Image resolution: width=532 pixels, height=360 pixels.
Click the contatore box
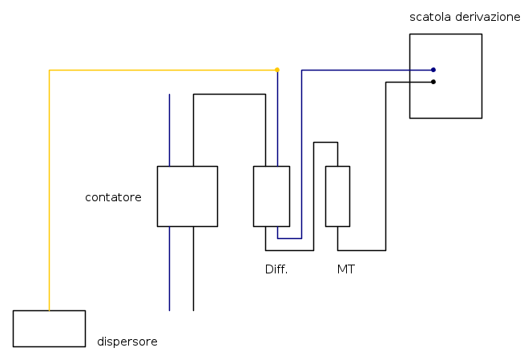click(187, 196)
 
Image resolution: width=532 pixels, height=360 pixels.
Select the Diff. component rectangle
click(271, 196)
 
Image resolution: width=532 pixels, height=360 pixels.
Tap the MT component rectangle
click(337, 196)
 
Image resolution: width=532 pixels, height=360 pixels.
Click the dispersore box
click(49, 328)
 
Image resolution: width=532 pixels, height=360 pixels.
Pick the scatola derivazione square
click(445, 75)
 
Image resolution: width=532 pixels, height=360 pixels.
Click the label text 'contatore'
click(113, 196)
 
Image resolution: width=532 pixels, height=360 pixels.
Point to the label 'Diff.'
click(276, 269)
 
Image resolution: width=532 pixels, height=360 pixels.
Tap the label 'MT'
click(345, 269)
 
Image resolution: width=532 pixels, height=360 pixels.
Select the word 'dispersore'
click(127, 342)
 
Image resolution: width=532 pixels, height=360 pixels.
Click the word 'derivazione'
click(486, 17)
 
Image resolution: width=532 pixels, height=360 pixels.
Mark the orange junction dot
click(277, 70)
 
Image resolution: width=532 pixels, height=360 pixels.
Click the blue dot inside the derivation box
click(433, 70)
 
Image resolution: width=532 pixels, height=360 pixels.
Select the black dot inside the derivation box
click(433, 82)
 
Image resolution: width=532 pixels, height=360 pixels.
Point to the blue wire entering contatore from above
click(169, 128)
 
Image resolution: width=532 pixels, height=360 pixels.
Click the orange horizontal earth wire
click(160, 70)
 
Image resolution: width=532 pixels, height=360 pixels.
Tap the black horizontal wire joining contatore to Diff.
click(229, 94)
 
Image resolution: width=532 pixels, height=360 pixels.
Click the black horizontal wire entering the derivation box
click(409, 82)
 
